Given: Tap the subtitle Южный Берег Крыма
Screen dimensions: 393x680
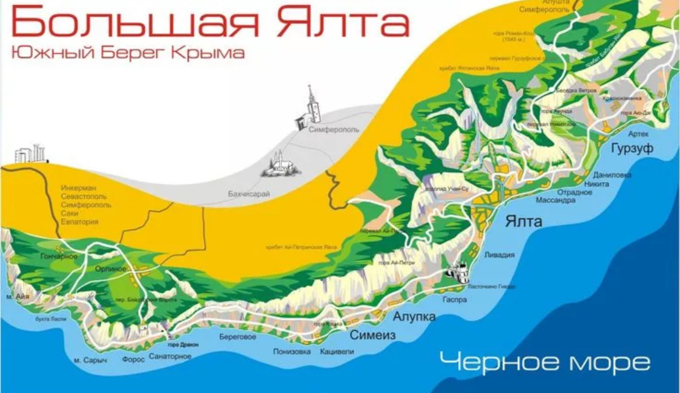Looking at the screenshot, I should point(127,53).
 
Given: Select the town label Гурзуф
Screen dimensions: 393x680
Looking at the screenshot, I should point(632,149).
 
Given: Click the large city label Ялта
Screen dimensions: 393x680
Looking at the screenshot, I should point(524,221).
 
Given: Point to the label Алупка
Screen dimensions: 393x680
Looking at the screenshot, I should point(414,317).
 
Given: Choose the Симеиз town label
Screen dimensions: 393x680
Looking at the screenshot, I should point(373,335).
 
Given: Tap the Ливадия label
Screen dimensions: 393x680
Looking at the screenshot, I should point(499,255).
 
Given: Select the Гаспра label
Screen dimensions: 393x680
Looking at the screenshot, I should point(454,300).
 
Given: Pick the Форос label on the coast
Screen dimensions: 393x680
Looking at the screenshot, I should point(133,360).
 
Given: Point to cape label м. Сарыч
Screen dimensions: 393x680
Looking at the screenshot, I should point(91,360).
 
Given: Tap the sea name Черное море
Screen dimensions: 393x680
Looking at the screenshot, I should point(544,363).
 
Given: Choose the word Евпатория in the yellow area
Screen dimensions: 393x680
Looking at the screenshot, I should point(80,222).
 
